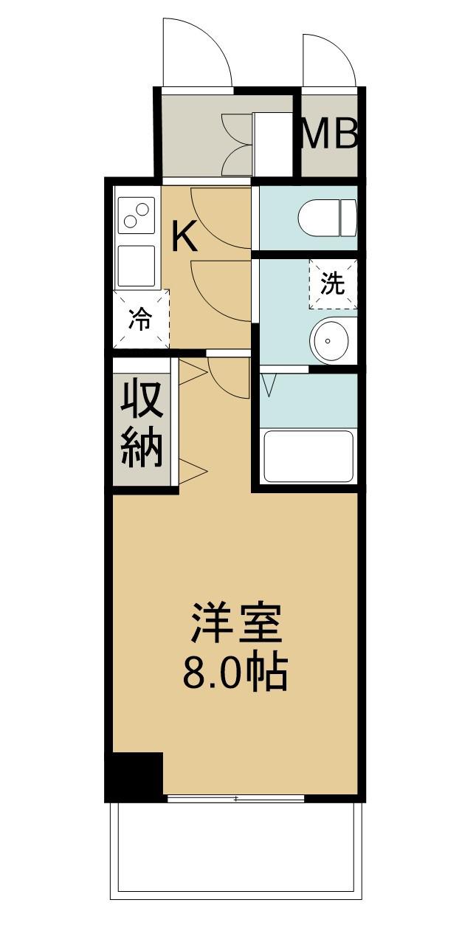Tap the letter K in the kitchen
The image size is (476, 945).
click(184, 238)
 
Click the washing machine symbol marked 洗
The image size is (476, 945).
click(333, 283)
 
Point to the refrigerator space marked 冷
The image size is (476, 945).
click(141, 319)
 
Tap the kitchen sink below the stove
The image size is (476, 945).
click(137, 265)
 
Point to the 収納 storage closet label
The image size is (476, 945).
click(142, 423)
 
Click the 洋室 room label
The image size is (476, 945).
click(236, 623)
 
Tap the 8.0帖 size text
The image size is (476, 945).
click(235, 672)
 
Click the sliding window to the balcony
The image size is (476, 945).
click(236, 798)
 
